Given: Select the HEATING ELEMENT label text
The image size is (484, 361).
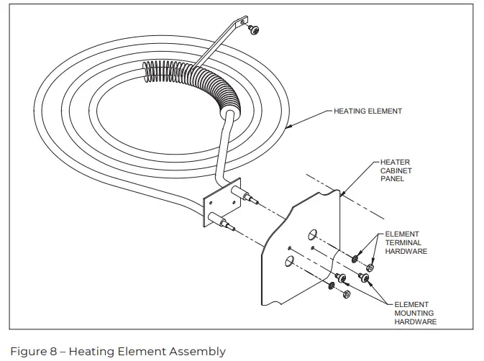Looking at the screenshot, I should coord(367,111).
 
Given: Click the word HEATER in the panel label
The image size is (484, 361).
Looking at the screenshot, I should coord(394,163).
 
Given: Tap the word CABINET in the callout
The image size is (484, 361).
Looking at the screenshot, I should coord(395,171).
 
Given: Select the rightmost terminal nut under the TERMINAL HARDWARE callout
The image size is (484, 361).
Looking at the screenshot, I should coord(370,268).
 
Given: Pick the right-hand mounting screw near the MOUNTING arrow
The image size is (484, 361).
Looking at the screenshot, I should coord(362,277).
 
